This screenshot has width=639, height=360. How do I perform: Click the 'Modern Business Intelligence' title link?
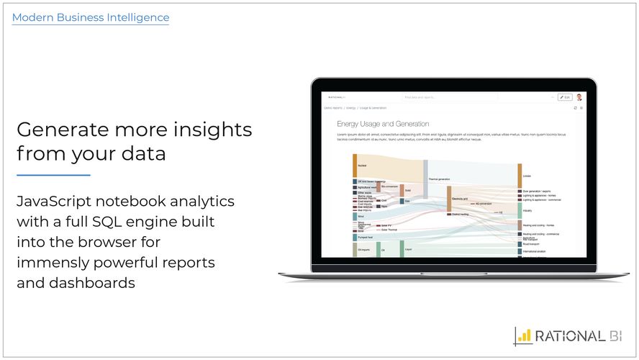click(91, 17)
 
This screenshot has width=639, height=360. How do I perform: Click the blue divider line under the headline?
click(53, 175)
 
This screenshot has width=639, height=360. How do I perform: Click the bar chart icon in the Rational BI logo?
click(525, 336)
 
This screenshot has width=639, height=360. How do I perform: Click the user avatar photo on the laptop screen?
click(580, 96)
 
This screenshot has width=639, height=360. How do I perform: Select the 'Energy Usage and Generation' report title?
click(383, 124)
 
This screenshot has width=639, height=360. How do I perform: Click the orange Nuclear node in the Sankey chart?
click(355, 166)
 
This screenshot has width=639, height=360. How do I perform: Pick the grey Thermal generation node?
click(425, 179)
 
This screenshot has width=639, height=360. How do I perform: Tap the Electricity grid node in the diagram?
click(448, 199)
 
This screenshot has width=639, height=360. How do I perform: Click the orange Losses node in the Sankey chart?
click(520, 176)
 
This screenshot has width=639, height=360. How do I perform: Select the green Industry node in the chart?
click(520, 210)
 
